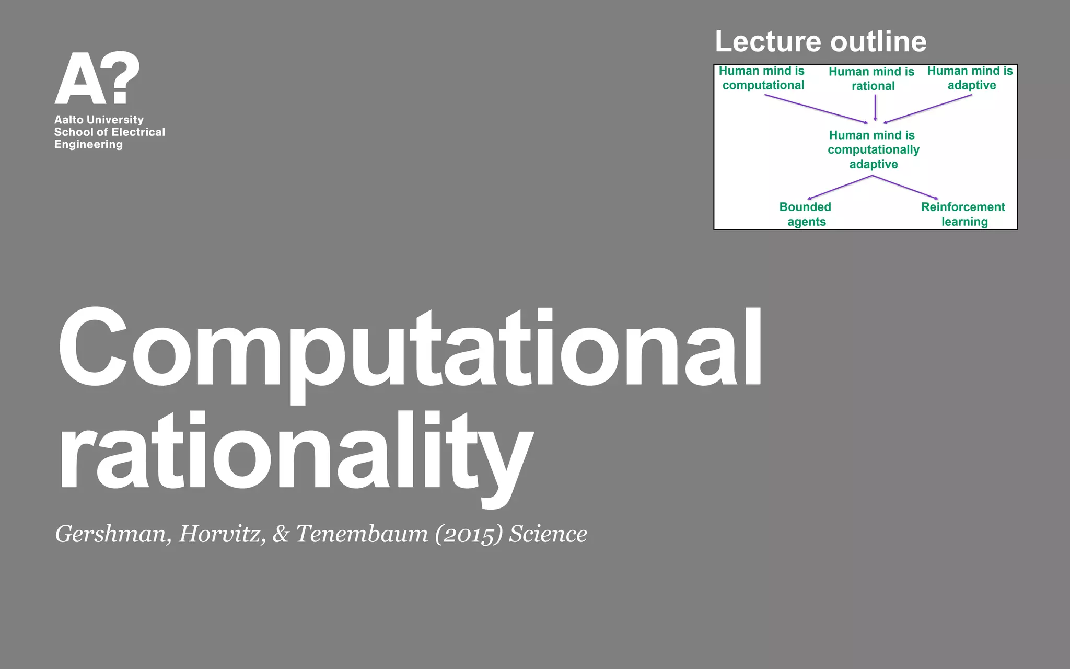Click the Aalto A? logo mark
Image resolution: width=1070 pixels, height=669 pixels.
pos(97,78)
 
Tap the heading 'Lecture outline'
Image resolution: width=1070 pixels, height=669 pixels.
pos(820,41)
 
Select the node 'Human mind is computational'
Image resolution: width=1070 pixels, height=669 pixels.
pos(762,78)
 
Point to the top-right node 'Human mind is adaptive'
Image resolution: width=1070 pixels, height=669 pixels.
pos(970,78)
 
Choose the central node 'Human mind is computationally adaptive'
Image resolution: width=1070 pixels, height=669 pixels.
pos(873,149)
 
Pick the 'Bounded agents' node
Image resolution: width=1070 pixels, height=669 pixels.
pos(806,214)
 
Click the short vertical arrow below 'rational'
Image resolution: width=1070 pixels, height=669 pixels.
pos(875,108)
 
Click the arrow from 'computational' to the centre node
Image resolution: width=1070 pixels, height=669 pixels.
pos(815,109)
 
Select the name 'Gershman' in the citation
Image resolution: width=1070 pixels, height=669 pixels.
pos(112,534)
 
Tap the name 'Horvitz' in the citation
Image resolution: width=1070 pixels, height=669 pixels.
pos(222,534)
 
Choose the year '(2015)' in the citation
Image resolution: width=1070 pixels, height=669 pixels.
pos(469,534)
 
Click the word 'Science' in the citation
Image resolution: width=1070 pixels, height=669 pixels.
pos(548,534)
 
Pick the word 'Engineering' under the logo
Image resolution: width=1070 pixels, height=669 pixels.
pos(88,145)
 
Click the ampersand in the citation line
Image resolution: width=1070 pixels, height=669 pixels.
pos(281,534)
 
